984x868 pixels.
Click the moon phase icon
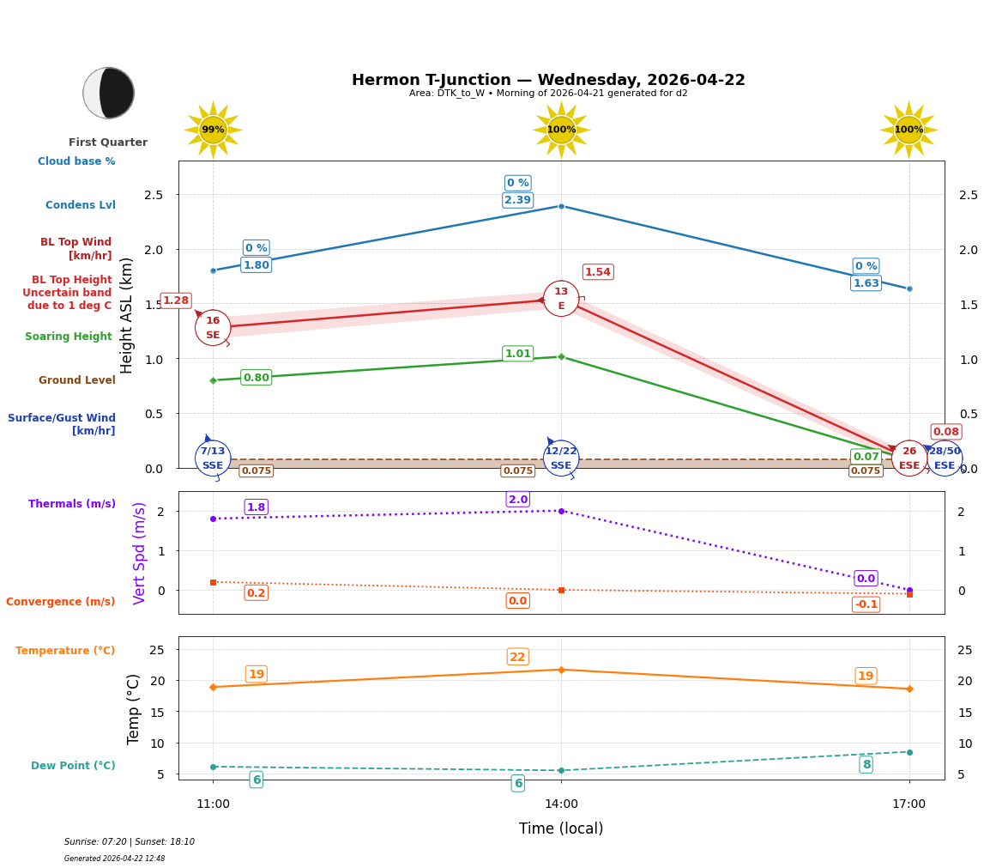pos(109,93)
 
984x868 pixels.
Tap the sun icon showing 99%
pos(213,130)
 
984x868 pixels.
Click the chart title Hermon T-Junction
pos(548,80)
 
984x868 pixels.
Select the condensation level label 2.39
pos(517,200)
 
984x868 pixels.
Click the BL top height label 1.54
pos(597,272)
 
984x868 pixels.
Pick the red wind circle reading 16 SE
pos(213,328)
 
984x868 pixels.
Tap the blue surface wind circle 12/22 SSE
pos(561,458)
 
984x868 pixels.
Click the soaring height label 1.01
pos(517,354)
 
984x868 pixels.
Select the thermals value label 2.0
pos(517,500)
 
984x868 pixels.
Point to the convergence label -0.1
pos(866,604)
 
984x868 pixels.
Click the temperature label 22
pos(517,657)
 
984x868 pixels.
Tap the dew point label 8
pos(866,765)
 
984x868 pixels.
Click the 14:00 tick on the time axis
pos(561,804)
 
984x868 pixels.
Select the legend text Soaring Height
pos(69,337)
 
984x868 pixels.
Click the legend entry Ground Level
pos(76,380)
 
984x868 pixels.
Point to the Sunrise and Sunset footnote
pos(130,842)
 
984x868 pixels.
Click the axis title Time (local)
pos(561,829)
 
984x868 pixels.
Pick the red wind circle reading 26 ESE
pos(909,458)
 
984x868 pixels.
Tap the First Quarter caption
pos(108,143)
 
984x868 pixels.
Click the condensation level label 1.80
pos(256,265)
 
